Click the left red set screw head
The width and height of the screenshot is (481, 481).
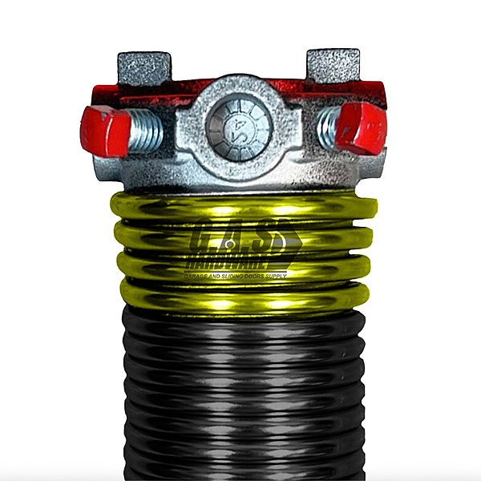click(x=105, y=131)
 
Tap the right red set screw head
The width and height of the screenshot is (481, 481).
click(x=361, y=128)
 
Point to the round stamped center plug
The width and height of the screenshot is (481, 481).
click(x=239, y=124)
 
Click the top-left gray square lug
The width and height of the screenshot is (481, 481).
click(x=143, y=68)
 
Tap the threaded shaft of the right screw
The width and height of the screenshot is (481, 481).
click(x=328, y=127)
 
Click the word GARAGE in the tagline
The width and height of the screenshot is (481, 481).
click(x=199, y=275)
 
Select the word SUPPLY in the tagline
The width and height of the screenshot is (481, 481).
click(x=301, y=275)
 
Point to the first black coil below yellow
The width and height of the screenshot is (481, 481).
click(x=240, y=321)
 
